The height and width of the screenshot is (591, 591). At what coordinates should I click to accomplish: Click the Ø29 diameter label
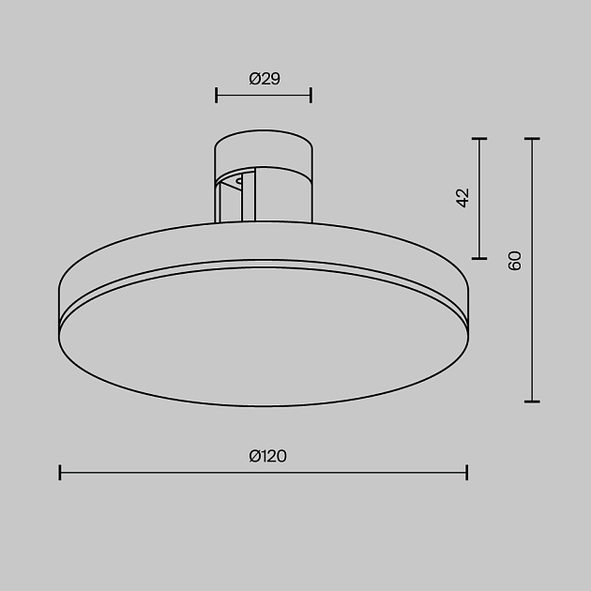[x=265, y=80]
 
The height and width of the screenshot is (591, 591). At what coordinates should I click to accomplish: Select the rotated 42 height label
[x=462, y=198]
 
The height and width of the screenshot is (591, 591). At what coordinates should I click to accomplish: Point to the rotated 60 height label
[x=514, y=261]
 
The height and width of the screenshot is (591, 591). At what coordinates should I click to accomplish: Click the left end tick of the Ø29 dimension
[x=217, y=94]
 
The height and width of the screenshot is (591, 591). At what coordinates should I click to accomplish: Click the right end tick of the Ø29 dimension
[x=311, y=94]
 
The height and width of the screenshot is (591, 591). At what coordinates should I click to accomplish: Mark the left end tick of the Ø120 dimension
[x=60, y=472]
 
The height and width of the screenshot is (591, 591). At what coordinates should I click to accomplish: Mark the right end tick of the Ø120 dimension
[x=467, y=472]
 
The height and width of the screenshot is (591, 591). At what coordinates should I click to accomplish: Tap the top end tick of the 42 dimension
[x=479, y=139]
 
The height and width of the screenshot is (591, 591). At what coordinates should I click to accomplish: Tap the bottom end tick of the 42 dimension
[x=479, y=257]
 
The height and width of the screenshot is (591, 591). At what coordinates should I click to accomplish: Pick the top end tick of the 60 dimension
[x=533, y=139]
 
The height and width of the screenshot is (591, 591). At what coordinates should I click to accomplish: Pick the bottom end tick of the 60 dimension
[x=533, y=402]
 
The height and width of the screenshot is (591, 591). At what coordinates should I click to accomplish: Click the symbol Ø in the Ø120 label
[x=254, y=457]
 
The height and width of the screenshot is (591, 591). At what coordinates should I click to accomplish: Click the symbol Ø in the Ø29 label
[x=254, y=80]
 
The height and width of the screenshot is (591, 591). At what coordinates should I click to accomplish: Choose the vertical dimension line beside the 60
[x=533, y=328]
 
